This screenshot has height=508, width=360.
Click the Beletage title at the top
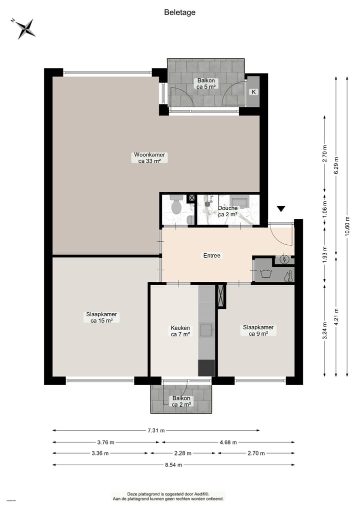[179, 12]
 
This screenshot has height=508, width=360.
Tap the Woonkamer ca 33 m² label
[149, 158]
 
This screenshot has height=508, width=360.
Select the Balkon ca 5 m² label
[206, 83]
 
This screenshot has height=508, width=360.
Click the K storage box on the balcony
[253, 92]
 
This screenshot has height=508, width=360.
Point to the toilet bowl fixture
[175, 206]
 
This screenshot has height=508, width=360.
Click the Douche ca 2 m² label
[227, 211]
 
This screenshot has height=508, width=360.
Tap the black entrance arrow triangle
[281, 208]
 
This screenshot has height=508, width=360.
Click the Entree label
[211, 255]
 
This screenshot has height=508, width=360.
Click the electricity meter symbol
[284, 259]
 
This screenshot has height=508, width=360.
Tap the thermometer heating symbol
[288, 276]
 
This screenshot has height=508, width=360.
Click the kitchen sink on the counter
[206, 330]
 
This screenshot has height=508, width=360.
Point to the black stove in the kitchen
[206, 368]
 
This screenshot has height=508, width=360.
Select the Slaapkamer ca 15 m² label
[101, 317]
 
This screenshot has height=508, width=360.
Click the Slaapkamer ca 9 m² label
[258, 330]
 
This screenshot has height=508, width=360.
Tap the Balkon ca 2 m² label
[181, 401]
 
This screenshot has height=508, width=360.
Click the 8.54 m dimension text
[173, 465]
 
